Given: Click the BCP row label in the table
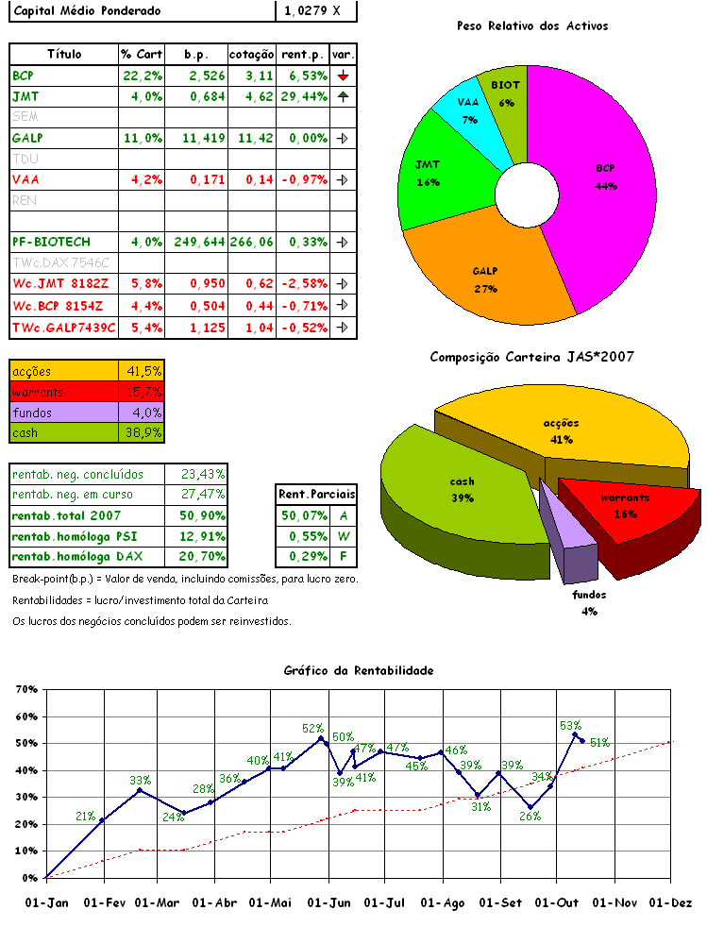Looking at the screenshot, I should [x=23, y=76].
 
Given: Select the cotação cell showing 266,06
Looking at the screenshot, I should [x=252, y=243].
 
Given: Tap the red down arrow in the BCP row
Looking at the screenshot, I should [x=344, y=76].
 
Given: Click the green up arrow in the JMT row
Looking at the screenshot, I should [x=344, y=96].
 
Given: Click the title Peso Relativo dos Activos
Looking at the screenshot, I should [x=531, y=25].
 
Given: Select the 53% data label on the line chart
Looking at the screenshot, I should [x=570, y=725].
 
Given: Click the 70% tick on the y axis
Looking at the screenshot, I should [x=25, y=690].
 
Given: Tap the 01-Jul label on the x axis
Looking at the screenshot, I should [x=384, y=902].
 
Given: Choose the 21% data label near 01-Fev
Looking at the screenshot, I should [x=85, y=817].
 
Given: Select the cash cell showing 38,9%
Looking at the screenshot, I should [x=143, y=433].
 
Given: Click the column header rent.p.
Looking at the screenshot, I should [x=302, y=55].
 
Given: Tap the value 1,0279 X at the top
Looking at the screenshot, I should [x=315, y=10].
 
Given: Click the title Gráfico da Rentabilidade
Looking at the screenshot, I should [x=359, y=670].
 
